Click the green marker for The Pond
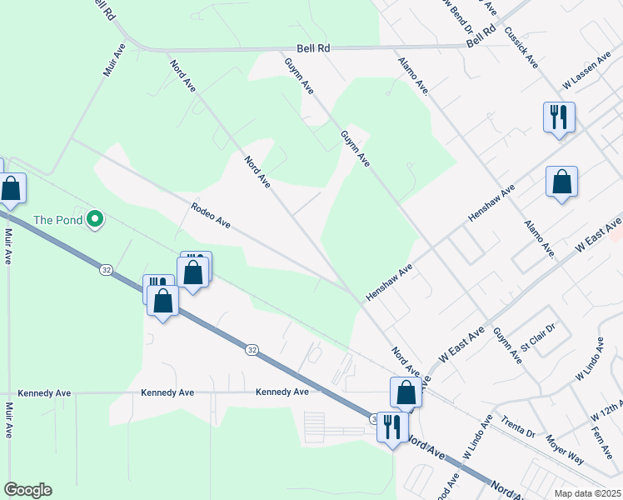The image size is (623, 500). click(x=95, y=220)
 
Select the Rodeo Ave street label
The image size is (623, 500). click(x=210, y=215)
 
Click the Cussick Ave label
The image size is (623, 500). click(x=521, y=47)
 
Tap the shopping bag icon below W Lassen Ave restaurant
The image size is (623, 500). click(x=561, y=182)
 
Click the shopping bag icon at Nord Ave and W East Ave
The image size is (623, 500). click(x=406, y=392)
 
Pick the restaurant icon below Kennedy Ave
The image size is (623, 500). click(x=391, y=426)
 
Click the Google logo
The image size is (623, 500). click(x=27, y=490)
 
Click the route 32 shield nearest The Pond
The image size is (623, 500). click(x=106, y=270)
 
